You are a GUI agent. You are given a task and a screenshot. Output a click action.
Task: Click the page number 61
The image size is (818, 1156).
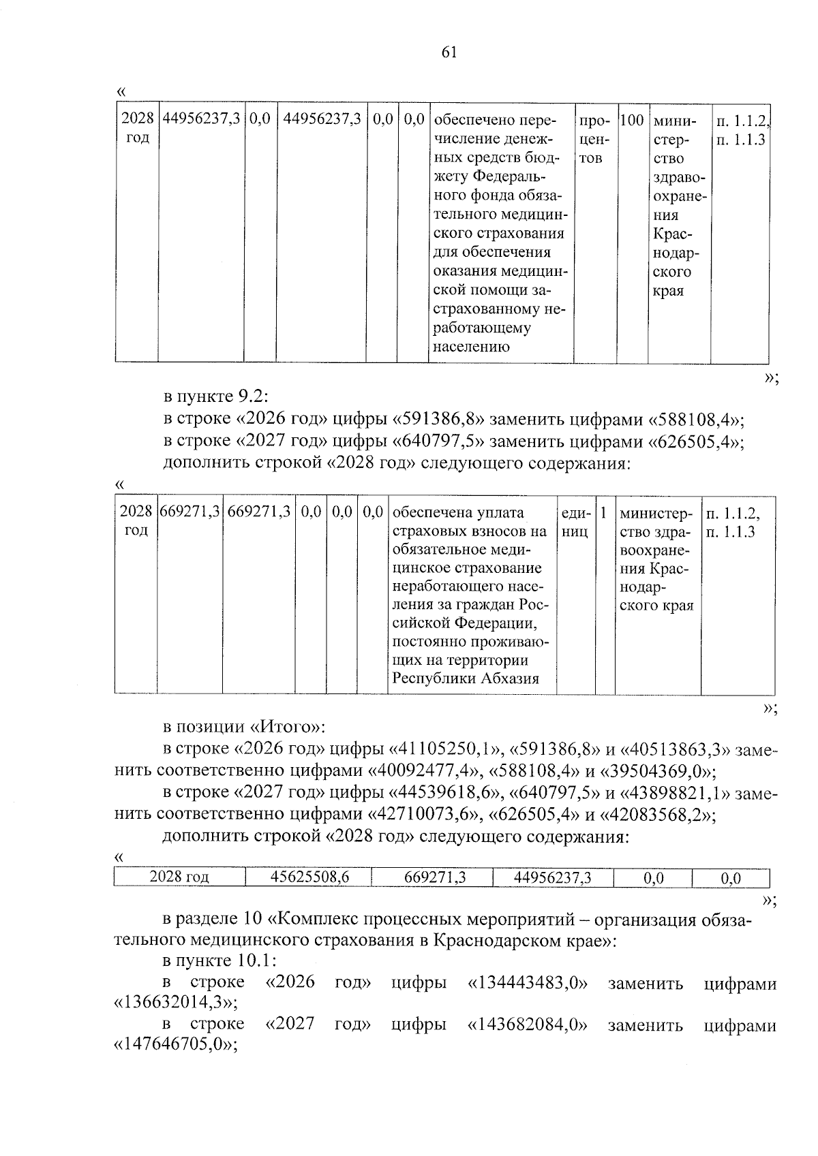[449, 52]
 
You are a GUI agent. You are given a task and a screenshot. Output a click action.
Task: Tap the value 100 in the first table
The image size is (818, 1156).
[632, 121]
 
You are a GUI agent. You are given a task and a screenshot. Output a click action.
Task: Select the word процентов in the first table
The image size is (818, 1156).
[593, 140]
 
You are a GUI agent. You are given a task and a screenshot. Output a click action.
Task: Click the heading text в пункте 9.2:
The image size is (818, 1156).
[216, 396]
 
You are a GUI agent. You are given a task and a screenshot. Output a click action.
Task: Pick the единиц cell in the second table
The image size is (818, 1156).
[575, 522]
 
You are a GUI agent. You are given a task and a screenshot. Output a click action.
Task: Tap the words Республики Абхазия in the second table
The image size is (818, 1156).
[466, 678]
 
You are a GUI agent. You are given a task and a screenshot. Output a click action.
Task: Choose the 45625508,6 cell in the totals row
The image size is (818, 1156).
[309, 878]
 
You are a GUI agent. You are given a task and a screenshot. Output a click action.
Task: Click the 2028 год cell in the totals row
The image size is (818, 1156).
[179, 878]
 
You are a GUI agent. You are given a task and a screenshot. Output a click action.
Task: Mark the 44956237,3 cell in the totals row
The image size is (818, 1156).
[552, 878]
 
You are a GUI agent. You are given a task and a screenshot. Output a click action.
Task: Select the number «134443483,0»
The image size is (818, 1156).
[528, 983]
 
